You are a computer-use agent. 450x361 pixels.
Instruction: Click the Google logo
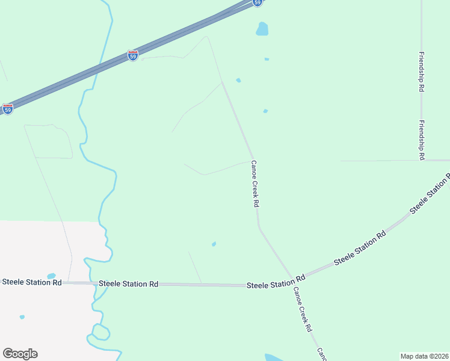(20, 354)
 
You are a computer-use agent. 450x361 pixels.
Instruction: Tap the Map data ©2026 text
(425, 356)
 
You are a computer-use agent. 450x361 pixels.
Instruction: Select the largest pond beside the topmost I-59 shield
(262, 28)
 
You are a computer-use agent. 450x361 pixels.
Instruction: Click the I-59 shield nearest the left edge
(7, 109)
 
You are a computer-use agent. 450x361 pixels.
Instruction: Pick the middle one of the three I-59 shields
(133, 55)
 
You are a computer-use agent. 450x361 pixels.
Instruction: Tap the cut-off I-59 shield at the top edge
(257, 2)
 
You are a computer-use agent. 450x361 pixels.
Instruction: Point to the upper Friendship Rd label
(421, 72)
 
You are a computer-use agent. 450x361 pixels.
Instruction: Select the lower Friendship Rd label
(422, 140)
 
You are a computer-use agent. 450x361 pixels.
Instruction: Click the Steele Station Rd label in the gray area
(32, 282)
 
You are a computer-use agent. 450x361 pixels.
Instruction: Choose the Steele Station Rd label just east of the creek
(128, 283)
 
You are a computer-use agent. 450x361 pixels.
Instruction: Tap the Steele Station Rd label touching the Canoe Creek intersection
(276, 282)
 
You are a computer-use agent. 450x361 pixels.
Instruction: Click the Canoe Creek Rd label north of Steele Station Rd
(254, 184)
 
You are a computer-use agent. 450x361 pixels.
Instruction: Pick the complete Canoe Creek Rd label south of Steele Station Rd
(303, 309)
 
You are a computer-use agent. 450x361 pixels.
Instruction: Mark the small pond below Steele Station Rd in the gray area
(22, 317)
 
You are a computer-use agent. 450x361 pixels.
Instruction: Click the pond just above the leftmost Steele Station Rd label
(51, 276)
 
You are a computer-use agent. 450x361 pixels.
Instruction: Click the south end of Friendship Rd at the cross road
(421, 161)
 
